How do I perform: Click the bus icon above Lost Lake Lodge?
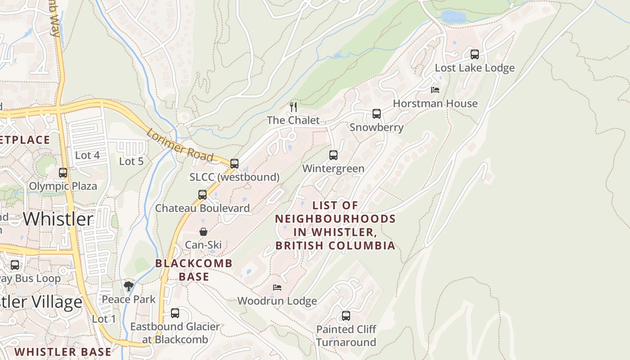[x=474, y=54]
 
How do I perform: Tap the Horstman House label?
[x=435, y=103]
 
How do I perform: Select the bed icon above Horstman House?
[x=435, y=90]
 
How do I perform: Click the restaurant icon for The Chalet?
[x=293, y=107]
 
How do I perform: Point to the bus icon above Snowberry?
[x=376, y=114]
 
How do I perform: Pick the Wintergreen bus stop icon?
[x=333, y=155]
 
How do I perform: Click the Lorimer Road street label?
[x=180, y=145]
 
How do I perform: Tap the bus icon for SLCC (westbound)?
[x=234, y=164]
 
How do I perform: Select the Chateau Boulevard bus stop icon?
[x=202, y=195]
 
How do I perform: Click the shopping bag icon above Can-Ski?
[x=203, y=232]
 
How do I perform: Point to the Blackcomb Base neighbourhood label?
[x=194, y=270]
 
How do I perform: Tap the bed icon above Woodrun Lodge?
[x=277, y=287]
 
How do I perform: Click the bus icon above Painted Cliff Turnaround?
[x=346, y=316]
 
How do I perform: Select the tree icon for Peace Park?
[x=129, y=286]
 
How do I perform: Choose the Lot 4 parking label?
[x=87, y=155]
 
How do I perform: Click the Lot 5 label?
[x=131, y=161]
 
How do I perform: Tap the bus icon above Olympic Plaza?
[x=63, y=173]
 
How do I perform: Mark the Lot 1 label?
[x=104, y=319]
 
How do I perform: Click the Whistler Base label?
[x=63, y=351]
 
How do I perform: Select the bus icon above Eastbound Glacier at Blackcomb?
[x=175, y=313]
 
